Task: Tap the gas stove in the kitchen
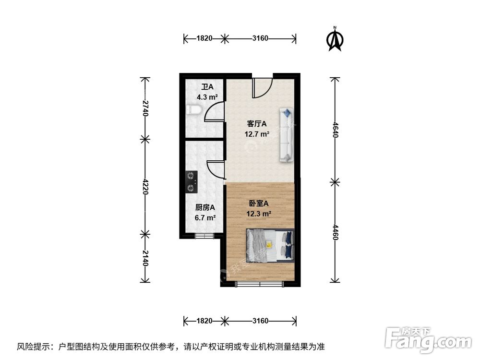click(x=192, y=182)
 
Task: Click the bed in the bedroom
click(x=270, y=245)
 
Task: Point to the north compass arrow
click(x=335, y=40)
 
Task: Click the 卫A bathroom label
click(x=207, y=87)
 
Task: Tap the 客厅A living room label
click(x=257, y=124)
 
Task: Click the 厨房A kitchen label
click(x=205, y=208)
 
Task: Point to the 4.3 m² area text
click(x=207, y=96)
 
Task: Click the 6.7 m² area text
click(x=205, y=217)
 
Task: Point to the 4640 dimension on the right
click(x=335, y=129)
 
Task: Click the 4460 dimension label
click(x=335, y=232)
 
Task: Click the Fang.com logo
click(x=429, y=338)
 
